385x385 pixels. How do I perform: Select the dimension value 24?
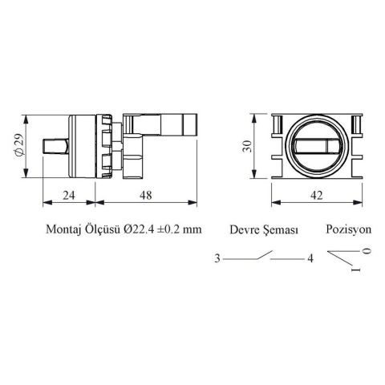click(x=69, y=196)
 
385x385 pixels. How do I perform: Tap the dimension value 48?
click(x=146, y=196)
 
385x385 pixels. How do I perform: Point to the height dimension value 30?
click(x=247, y=146)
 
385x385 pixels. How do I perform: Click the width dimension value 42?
click(x=317, y=196)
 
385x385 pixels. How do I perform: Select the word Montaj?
click(x=63, y=229)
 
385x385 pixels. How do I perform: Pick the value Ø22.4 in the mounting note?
click(x=139, y=229)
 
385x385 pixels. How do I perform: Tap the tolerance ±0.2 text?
click(x=168, y=229)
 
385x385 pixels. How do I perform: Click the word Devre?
click(x=245, y=230)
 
